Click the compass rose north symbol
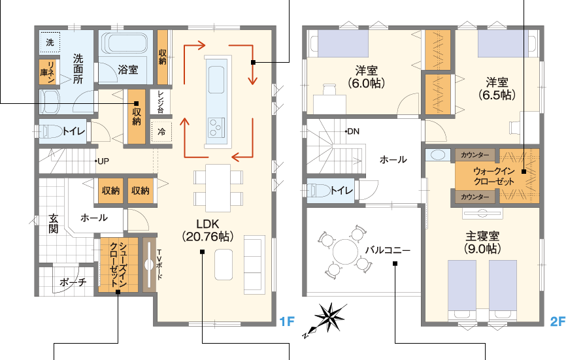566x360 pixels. (327, 319)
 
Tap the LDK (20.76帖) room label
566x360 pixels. (208, 230)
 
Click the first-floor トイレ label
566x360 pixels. (75, 131)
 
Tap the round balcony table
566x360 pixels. (346, 252)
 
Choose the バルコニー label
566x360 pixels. (388, 250)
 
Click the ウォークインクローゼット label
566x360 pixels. (494, 176)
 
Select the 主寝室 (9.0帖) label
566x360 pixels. (482, 242)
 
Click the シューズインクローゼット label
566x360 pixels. (118, 265)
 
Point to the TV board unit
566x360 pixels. (150, 265)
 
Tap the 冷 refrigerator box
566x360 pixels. (161, 132)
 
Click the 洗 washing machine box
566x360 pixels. (50, 42)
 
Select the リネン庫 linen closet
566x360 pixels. (48, 72)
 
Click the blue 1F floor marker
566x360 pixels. (288, 321)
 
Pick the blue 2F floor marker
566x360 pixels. (558, 321)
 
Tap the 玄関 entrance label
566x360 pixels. (54, 223)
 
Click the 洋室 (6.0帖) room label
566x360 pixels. (367, 77)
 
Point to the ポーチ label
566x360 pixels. (73, 282)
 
